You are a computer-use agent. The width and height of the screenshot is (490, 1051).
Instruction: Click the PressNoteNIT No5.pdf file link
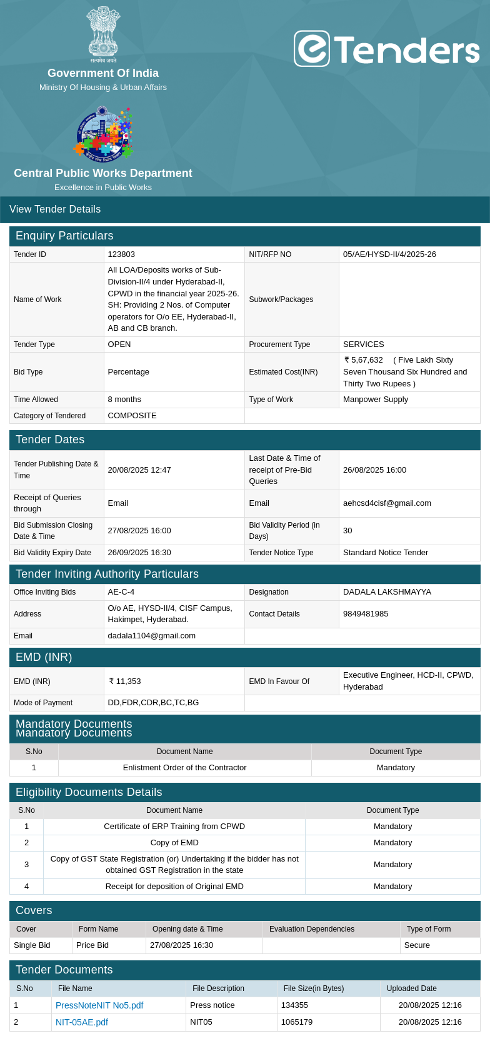tap(99, 1005)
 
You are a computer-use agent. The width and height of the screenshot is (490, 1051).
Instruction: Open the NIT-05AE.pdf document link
tap(82, 1022)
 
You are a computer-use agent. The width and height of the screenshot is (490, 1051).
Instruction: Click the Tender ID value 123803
tap(121, 254)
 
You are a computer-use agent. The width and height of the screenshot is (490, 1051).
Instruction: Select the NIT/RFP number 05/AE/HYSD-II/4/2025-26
tap(389, 254)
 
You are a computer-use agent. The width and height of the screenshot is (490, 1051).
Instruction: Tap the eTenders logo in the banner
tap(386, 49)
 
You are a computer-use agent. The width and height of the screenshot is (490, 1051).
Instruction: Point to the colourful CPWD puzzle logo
tap(103, 133)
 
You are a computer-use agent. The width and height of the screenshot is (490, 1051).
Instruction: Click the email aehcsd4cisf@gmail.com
tap(387, 503)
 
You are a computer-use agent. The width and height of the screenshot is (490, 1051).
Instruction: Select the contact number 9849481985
tap(366, 614)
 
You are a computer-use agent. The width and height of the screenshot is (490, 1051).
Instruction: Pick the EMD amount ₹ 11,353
tap(125, 681)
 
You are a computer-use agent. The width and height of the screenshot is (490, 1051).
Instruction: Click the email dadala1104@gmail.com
tap(151, 636)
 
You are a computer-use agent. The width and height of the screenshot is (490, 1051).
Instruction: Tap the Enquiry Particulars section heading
tap(64, 236)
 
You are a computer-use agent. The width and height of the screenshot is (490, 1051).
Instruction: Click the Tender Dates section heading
tap(50, 440)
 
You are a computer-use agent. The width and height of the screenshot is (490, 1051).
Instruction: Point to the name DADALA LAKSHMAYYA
tap(387, 592)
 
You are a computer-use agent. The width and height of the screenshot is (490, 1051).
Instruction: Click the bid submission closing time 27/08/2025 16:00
tap(139, 531)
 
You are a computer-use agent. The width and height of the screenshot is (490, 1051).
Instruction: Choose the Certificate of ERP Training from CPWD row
tap(174, 827)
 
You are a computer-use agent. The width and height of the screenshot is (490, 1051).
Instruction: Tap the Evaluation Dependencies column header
tap(312, 929)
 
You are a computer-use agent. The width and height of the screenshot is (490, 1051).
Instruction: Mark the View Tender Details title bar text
tap(55, 209)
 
